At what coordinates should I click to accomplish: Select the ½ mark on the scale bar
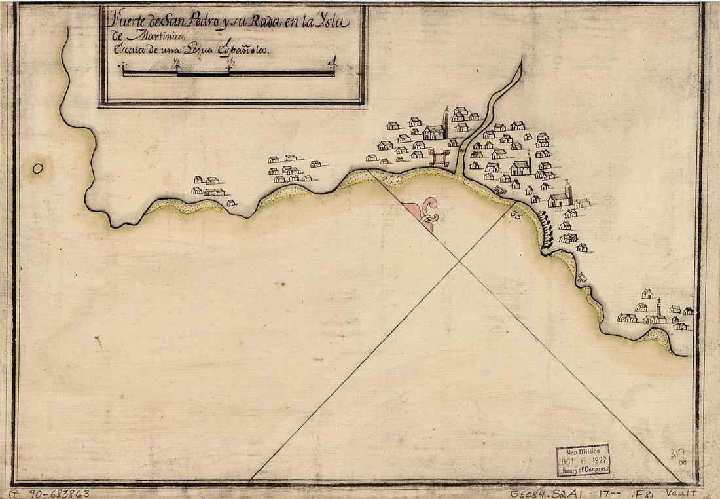(x=228, y=64)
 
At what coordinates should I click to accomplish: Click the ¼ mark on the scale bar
(x=175, y=64)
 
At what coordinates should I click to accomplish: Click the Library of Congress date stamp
(x=583, y=460)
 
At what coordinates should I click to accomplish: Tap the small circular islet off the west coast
(x=38, y=168)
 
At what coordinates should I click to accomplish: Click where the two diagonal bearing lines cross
(x=459, y=261)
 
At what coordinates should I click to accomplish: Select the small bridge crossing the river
(x=461, y=151)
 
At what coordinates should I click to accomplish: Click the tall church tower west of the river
(x=446, y=120)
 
